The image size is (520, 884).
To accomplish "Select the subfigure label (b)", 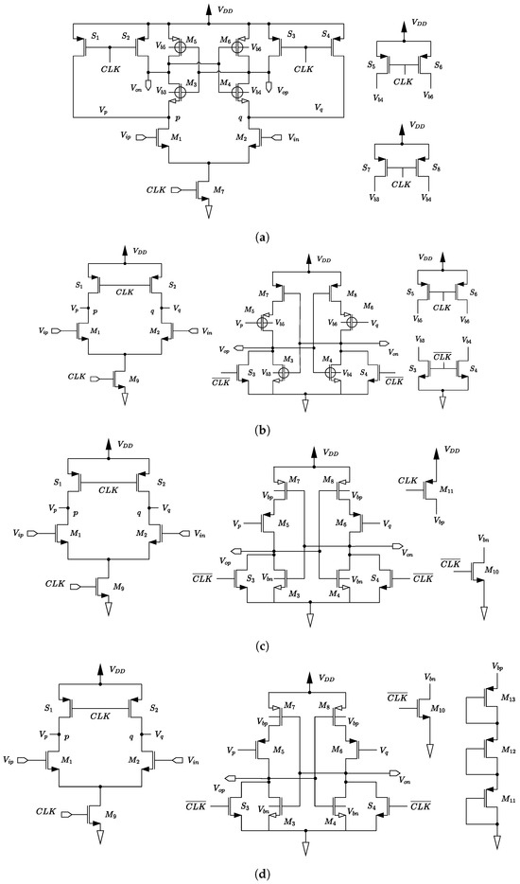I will (259, 429).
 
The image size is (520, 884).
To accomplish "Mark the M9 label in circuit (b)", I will (124, 380).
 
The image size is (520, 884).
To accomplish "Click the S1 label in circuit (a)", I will (96, 36).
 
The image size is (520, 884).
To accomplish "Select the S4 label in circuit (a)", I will (326, 36).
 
